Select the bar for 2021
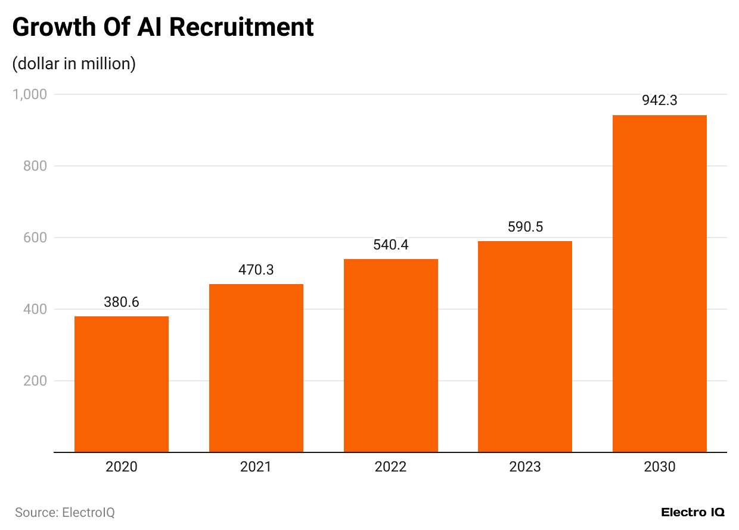[x=256, y=368]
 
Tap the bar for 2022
[x=390, y=355]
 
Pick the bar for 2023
[x=525, y=346]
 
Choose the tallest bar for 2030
[x=659, y=284]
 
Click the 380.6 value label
[x=122, y=303]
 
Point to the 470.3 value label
[x=256, y=270]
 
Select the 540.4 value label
[x=390, y=245]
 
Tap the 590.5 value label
[x=525, y=227]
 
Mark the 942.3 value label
[x=659, y=101]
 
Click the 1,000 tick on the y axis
[x=29, y=94]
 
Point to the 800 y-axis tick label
[x=35, y=166]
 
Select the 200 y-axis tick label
[x=35, y=381]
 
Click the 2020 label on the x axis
[x=122, y=467]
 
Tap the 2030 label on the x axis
[x=659, y=467]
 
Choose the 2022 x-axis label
[x=390, y=467]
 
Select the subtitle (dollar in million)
[x=74, y=63]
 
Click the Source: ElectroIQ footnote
[x=64, y=512]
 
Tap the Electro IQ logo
[x=693, y=512]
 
